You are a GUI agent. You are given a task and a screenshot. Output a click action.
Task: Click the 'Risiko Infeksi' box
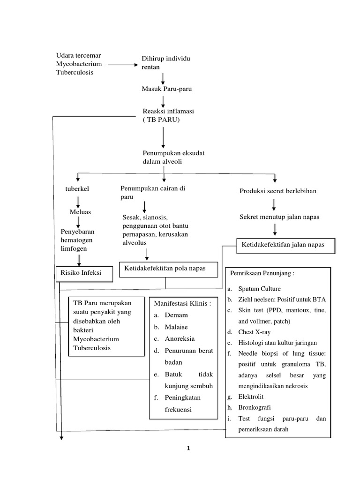pos(84,273)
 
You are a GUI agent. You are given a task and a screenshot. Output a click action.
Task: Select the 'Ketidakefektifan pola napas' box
pos(165,269)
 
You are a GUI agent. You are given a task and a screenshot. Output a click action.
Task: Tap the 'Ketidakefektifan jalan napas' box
pos(286,245)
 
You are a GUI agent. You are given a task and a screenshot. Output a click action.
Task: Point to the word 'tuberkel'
pos(77,189)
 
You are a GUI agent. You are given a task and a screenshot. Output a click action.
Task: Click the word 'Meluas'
pos(80,212)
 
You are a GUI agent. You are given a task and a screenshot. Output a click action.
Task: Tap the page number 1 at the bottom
pos(188,449)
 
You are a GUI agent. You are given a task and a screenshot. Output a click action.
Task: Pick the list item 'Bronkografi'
pos(255,407)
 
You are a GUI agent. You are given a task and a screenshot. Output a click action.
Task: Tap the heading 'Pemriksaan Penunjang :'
pos(262,273)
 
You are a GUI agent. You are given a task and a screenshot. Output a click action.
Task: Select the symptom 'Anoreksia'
pos(180,338)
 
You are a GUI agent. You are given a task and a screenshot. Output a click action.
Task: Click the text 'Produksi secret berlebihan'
pos(278,191)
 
